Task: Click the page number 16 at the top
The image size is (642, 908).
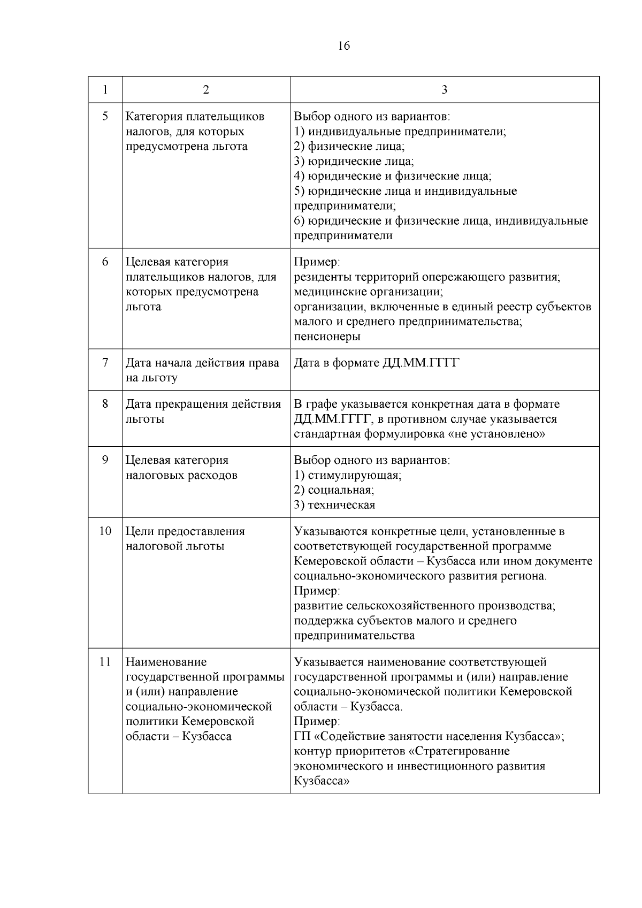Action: click(344, 46)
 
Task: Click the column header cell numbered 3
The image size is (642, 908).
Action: click(445, 89)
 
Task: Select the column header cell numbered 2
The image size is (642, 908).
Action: click(206, 89)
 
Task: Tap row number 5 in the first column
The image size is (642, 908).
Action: click(105, 116)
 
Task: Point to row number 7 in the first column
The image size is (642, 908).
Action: click(105, 363)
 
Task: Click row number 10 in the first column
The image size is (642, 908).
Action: click(105, 531)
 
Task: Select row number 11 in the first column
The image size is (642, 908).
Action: click(105, 662)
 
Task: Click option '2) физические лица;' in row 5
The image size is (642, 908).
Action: click(349, 146)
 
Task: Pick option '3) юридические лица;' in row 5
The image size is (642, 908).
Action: click(354, 161)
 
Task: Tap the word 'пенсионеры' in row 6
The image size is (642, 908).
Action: click(327, 337)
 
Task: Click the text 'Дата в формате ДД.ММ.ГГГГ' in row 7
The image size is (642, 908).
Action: click(377, 363)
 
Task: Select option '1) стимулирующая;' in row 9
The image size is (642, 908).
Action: click(348, 475)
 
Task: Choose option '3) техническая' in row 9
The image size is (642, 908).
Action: click(334, 505)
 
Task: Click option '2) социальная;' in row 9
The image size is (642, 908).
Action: click(334, 490)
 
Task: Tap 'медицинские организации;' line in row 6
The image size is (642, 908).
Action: click(368, 292)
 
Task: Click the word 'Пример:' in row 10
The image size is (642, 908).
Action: click(317, 591)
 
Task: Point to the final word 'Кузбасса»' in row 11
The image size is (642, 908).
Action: click(322, 781)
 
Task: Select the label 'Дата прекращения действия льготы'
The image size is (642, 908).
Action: click(203, 411)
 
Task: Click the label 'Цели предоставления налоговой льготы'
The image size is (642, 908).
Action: click(185, 539)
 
